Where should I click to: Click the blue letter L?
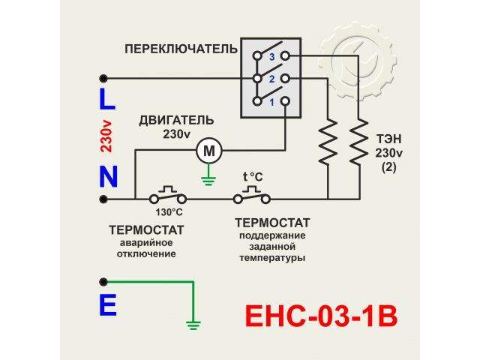click(107, 99)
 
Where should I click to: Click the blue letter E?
click(108, 306)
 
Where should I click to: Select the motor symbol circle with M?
click(209, 151)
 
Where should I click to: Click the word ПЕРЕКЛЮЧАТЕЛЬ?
click(181, 49)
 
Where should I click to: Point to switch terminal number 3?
click(273, 56)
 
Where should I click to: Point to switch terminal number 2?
click(273, 78)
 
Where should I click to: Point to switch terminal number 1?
click(273, 100)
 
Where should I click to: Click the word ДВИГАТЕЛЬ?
click(176, 120)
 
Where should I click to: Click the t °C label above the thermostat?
click(253, 177)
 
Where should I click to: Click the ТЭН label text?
click(388, 139)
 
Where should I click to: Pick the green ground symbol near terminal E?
click(193, 324)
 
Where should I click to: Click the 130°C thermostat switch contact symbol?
click(168, 196)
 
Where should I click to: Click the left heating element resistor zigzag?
click(328, 142)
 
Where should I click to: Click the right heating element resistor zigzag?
click(358, 142)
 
